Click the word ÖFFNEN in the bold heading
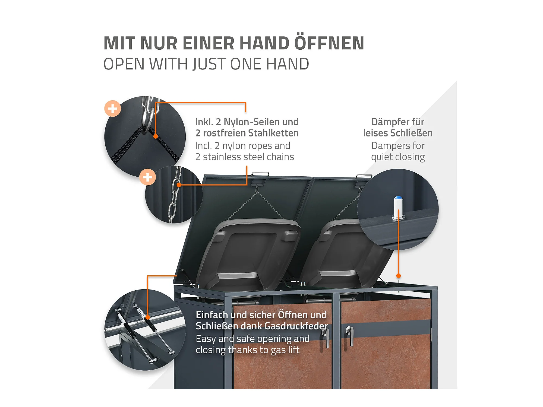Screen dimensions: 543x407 329,43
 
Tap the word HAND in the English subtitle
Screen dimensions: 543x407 288,64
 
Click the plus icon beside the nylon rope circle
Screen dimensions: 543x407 113,109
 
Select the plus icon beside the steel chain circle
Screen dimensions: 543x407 147,177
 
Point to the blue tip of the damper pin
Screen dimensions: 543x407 398,198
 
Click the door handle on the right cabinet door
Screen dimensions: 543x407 351,336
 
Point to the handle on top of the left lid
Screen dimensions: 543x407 260,174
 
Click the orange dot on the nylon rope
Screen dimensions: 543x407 156,136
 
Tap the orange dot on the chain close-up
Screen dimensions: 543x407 179,185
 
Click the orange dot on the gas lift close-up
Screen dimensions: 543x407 148,317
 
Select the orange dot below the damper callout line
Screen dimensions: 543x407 399,276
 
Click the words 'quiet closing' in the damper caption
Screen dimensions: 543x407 398,157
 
